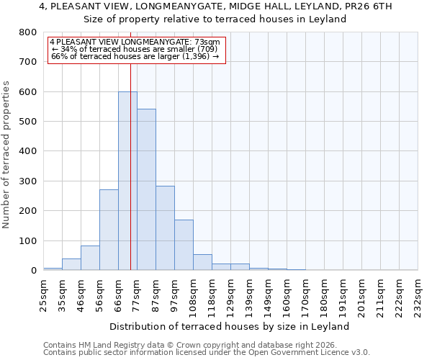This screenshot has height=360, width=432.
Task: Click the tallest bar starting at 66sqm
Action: pos(127,181)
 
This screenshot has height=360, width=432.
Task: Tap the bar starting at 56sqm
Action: pos(109,230)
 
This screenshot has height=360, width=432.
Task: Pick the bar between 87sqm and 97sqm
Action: pos(165,238)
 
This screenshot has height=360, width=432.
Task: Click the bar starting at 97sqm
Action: pos(184,245)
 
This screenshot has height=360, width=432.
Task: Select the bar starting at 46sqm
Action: pos(90,258)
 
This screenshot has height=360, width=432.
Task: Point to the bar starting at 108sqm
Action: pos(202,262)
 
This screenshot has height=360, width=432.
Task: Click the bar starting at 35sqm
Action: pos(71,264)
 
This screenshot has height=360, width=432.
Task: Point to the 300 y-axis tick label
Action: pos(28,181)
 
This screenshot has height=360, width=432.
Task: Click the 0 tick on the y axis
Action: pos(33,271)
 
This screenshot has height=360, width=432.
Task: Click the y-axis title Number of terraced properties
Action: pos(6,154)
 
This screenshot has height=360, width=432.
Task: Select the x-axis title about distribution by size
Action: pos(230,326)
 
